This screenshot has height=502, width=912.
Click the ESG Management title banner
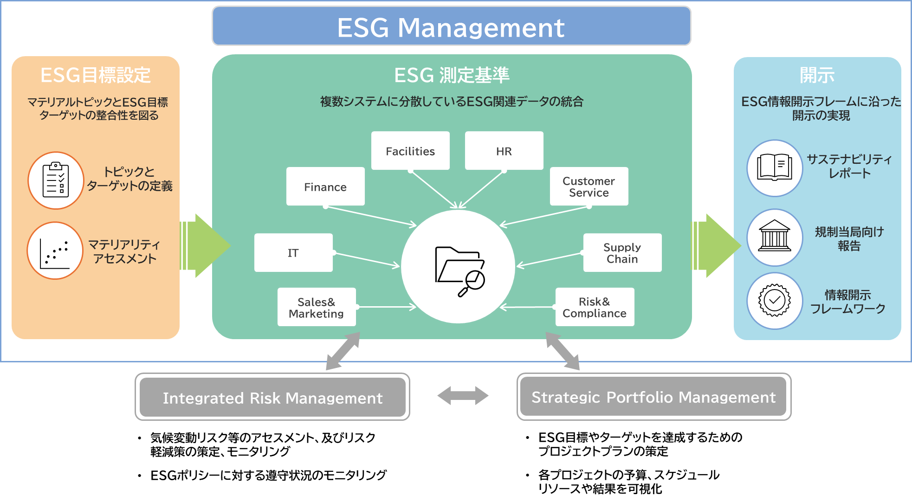tap(451, 26)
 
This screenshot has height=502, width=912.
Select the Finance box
tap(325, 187)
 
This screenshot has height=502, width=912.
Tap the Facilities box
tap(410, 151)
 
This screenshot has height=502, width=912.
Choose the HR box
tap(504, 151)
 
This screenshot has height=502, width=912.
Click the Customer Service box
tap(589, 187)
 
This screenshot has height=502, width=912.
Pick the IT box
tap(293, 252)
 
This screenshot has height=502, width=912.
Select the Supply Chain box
tap(622, 252)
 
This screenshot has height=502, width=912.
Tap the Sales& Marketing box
tap(317, 307)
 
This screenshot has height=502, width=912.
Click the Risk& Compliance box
tap(595, 307)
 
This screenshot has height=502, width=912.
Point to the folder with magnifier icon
tap(459, 270)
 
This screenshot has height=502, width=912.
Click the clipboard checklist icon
tap(56, 180)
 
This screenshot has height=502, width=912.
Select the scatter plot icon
tap(55, 251)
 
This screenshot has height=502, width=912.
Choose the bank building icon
tap(775, 237)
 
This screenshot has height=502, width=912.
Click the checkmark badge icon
tap(775, 301)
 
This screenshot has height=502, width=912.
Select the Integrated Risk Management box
tap(272, 397)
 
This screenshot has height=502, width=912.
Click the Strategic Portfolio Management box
tap(653, 397)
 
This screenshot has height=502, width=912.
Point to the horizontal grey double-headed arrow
tap(463, 396)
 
